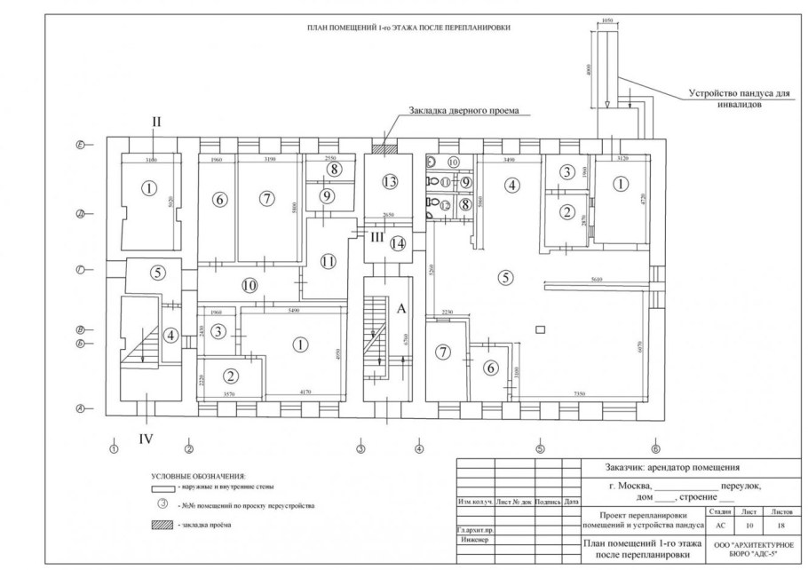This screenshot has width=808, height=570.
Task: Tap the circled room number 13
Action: click(388, 181)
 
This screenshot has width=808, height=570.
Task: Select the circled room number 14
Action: click(399, 242)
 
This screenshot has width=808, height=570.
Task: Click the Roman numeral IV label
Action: click(147, 437)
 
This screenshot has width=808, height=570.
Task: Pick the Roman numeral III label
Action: click(376, 236)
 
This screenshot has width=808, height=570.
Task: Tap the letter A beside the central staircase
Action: click(400, 308)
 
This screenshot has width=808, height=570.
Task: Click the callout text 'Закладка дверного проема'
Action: click(463, 112)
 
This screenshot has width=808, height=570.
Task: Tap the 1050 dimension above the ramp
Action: click(608, 20)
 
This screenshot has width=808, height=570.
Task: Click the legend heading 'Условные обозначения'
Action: click(198, 477)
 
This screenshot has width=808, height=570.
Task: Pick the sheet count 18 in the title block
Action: click(780, 525)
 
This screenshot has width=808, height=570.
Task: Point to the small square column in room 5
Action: click(539, 331)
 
